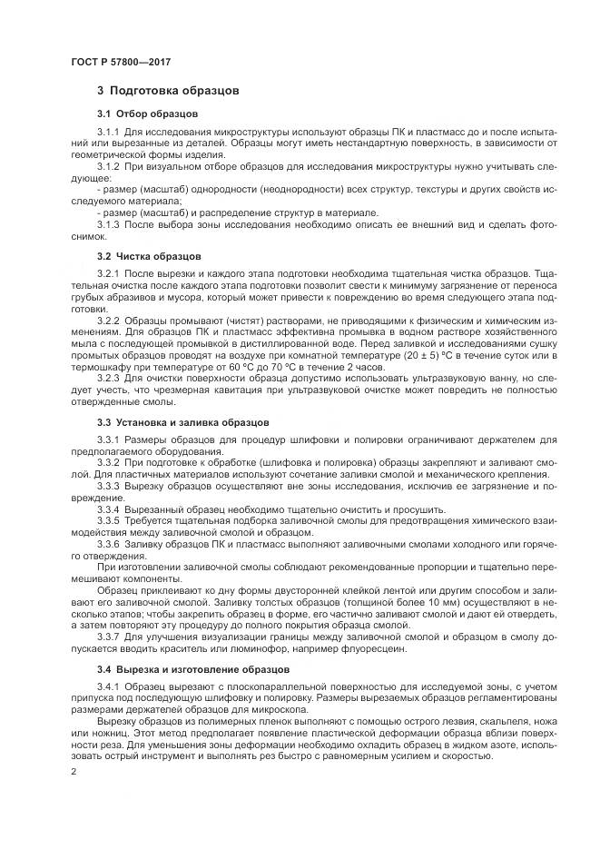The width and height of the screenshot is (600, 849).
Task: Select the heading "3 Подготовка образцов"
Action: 168,92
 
